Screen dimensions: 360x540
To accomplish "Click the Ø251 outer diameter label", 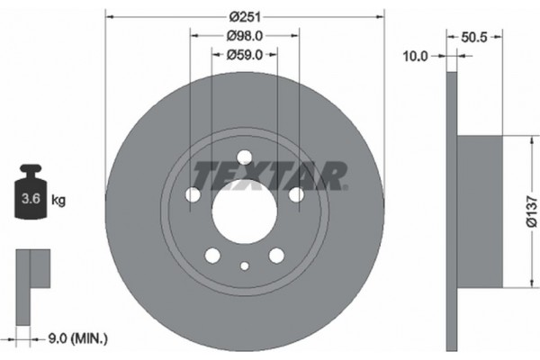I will point(244,16).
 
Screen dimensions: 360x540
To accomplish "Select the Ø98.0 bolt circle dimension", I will point(244,36).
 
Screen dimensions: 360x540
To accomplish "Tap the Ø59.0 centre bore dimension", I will point(244,55).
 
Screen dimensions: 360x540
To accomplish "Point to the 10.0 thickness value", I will point(415,56).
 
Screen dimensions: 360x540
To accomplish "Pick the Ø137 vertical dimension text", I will point(531,213).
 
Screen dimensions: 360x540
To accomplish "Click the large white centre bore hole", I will point(244,213).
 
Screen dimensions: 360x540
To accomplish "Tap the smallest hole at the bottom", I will point(245,265).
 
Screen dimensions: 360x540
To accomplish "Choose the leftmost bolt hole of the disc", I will point(193,195).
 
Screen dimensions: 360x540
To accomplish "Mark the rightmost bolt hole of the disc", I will point(296,193).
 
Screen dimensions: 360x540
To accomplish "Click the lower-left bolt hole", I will point(212,256).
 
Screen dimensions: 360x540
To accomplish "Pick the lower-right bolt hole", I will point(276,256).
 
